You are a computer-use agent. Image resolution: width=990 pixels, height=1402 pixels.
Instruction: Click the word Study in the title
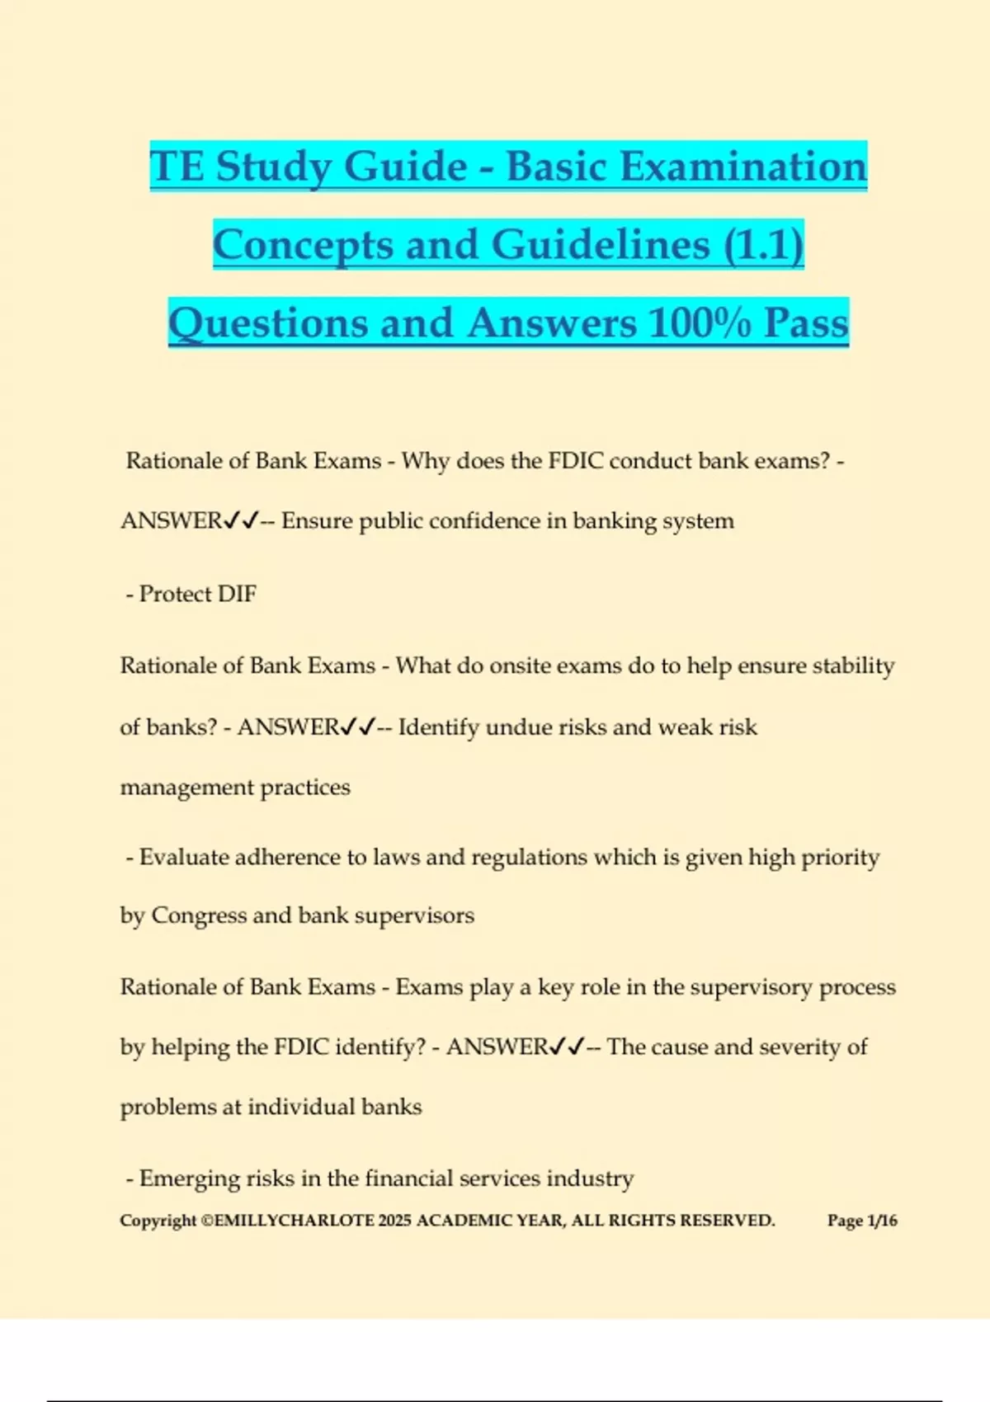pos(271,167)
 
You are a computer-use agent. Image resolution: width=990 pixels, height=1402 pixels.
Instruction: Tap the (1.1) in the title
pos(763,245)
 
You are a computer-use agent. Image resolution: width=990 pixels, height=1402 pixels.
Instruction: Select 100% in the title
pos(699,323)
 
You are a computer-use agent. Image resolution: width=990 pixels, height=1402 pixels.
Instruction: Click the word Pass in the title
pos(805,323)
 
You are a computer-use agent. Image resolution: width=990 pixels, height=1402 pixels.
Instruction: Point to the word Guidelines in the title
pos(601,245)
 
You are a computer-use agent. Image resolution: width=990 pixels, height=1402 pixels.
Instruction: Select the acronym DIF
pos(237,594)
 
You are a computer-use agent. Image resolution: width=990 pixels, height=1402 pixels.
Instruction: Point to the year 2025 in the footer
pos(394,1221)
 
